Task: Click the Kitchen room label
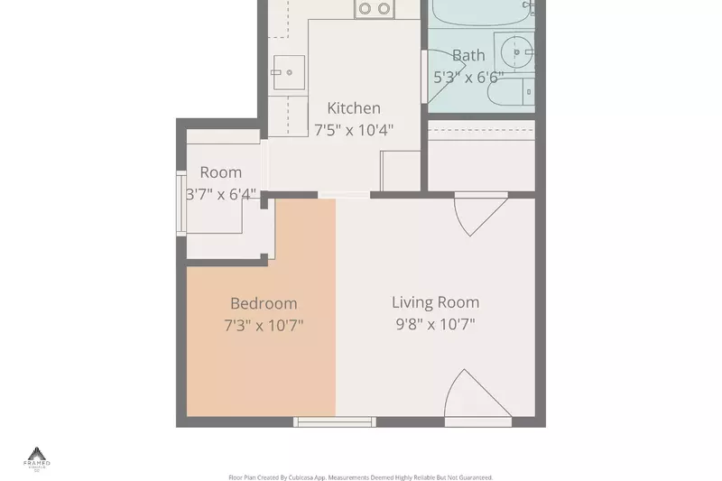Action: (x=353, y=108)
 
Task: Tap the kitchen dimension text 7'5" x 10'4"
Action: (x=353, y=130)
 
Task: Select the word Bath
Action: (x=467, y=56)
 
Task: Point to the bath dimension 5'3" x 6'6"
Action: (x=467, y=78)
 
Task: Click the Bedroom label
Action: (x=263, y=304)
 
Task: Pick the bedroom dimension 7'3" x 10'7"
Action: (x=263, y=325)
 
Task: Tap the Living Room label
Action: (x=435, y=302)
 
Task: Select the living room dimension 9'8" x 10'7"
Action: (x=435, y=324)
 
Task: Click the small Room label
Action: (x=220, y=172)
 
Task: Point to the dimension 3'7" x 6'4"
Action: (x=221, y=194)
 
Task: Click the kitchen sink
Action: (x=290, y=71)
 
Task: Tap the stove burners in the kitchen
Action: (x=375, y=9)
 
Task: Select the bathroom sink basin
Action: (x=517, y=51)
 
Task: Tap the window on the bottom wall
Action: (x=335, y=421)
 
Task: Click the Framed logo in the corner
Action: (x=37, y=457)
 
